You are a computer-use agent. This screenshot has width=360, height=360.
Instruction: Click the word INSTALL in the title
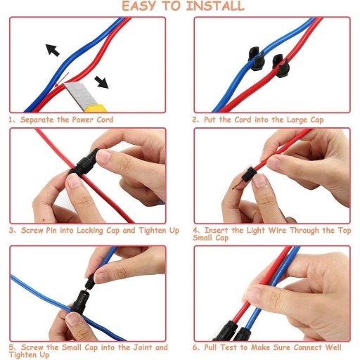(215, 6)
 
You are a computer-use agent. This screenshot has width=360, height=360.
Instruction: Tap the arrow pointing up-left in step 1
(52, 50)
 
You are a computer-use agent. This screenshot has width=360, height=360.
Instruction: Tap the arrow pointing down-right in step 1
(101, 82)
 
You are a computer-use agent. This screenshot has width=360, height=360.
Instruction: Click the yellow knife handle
(96, 109)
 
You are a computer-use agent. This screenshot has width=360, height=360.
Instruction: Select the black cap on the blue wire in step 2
(257, 58)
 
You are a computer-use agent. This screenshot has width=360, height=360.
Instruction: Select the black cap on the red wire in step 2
(281, 66)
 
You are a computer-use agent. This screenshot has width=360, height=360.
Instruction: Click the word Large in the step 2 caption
(297, 120)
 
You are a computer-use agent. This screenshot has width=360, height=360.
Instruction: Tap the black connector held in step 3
(84, 162)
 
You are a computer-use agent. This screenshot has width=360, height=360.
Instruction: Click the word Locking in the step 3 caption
(90, 231)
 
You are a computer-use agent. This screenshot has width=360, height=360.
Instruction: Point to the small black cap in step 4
(250, 175)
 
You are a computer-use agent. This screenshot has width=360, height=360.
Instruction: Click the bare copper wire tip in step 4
(237, 185)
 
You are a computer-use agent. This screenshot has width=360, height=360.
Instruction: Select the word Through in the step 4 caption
(304, 231)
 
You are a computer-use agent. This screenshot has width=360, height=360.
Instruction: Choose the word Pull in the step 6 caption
(210, 347)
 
